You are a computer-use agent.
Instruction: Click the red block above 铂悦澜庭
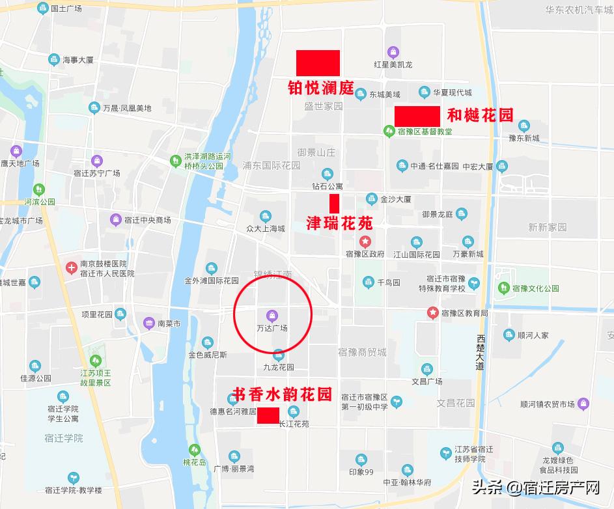click(x=318, y=62)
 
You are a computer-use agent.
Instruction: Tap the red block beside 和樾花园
click(x=417, y=117)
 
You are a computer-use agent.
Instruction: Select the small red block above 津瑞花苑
click(x=335, y=203)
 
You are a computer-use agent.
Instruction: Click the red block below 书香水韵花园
click(x=268, y=415)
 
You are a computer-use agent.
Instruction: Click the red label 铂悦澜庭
click(x=321, y=88)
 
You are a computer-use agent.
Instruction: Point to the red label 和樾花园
click(x=481, y=116)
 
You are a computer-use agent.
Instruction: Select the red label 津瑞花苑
click(x=340, y=224)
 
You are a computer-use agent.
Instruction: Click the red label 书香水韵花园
click(x=282, y=394)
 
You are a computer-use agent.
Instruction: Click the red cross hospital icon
click(x=72, y=266)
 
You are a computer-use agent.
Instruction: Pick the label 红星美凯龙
click(x=393, y=64)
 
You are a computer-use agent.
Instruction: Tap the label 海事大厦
click(x=78, y=60)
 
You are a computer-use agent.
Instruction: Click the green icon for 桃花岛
click(x=194, y=449)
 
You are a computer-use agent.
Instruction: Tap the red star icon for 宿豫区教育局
click(x=432, y=312)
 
